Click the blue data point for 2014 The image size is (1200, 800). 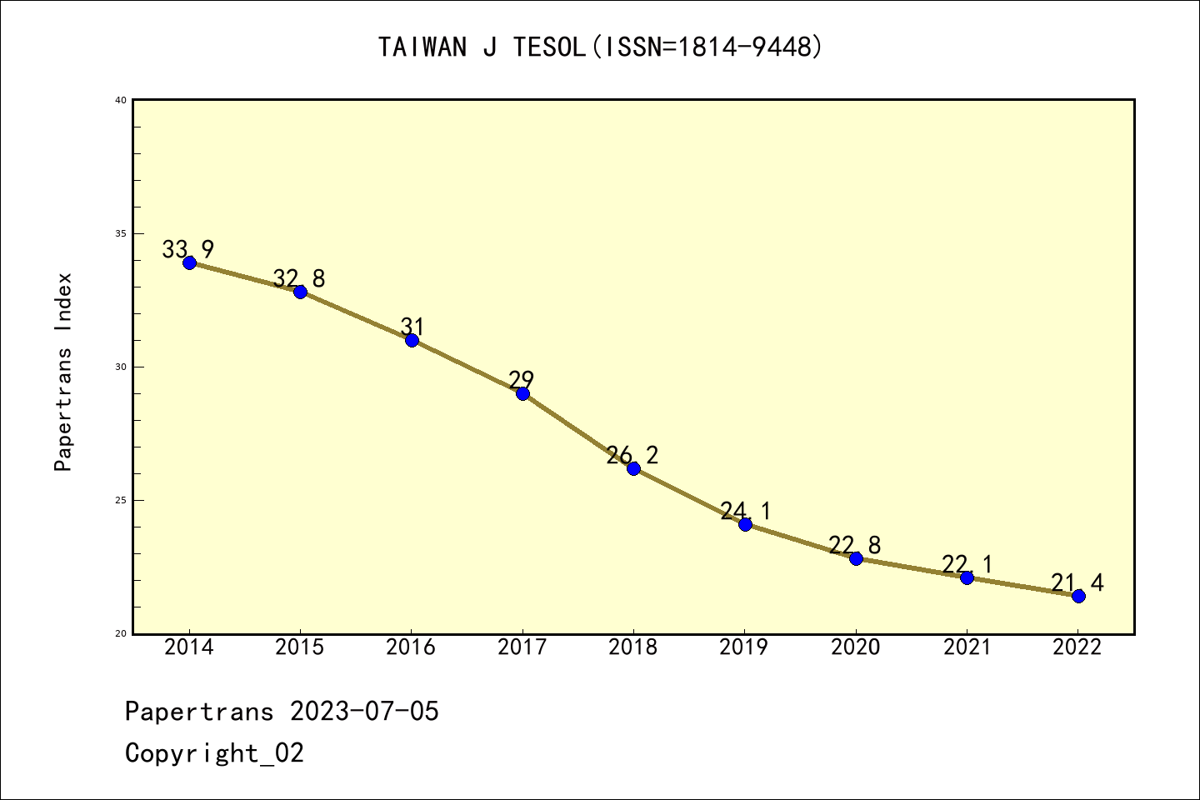click(189, 262)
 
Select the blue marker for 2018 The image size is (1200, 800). click(633, 468)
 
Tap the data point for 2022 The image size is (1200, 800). click(1078, 596)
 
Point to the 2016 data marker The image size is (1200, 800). click(412, 340)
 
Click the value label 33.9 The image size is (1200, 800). click(187, 249)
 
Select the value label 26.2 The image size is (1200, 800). click(632, 455)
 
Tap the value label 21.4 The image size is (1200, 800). click(1077, 582)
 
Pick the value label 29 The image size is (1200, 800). click(522, 380)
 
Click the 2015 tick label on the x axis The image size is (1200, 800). click(300, 647)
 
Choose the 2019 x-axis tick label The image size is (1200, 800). click(744, 647)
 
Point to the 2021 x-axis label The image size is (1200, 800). click(967, 647)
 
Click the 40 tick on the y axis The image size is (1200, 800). click(121, 100)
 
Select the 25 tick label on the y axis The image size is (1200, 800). click(121, 500)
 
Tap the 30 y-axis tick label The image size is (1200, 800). click(121, 367)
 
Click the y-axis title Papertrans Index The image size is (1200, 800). click(64, 372)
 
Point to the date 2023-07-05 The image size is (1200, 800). click(364, 712)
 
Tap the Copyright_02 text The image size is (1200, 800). click(214, 753)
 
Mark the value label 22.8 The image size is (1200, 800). click(854, 545)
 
